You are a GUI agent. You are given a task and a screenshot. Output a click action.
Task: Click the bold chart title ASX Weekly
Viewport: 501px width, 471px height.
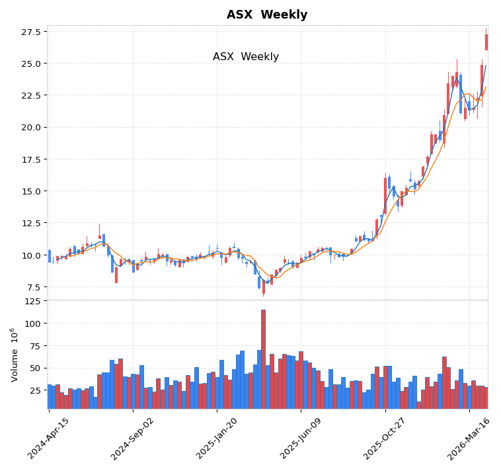coord(266,15)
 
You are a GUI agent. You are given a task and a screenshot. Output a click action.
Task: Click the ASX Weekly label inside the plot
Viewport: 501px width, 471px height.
coord(246,57)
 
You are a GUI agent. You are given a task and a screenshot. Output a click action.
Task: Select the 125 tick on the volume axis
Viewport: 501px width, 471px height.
coord(32,301)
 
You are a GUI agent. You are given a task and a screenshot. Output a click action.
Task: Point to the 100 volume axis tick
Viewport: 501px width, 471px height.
coord(32,323)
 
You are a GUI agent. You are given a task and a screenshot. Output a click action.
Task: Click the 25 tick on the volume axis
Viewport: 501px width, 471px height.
coord(35,390)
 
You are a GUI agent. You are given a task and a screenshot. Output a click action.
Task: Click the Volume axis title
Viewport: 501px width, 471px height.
coord(14,355)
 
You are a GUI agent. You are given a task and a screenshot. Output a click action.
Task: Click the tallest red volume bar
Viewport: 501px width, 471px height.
coord(263,357)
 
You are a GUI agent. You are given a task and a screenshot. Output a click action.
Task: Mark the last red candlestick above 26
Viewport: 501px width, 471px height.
coord(486,42)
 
